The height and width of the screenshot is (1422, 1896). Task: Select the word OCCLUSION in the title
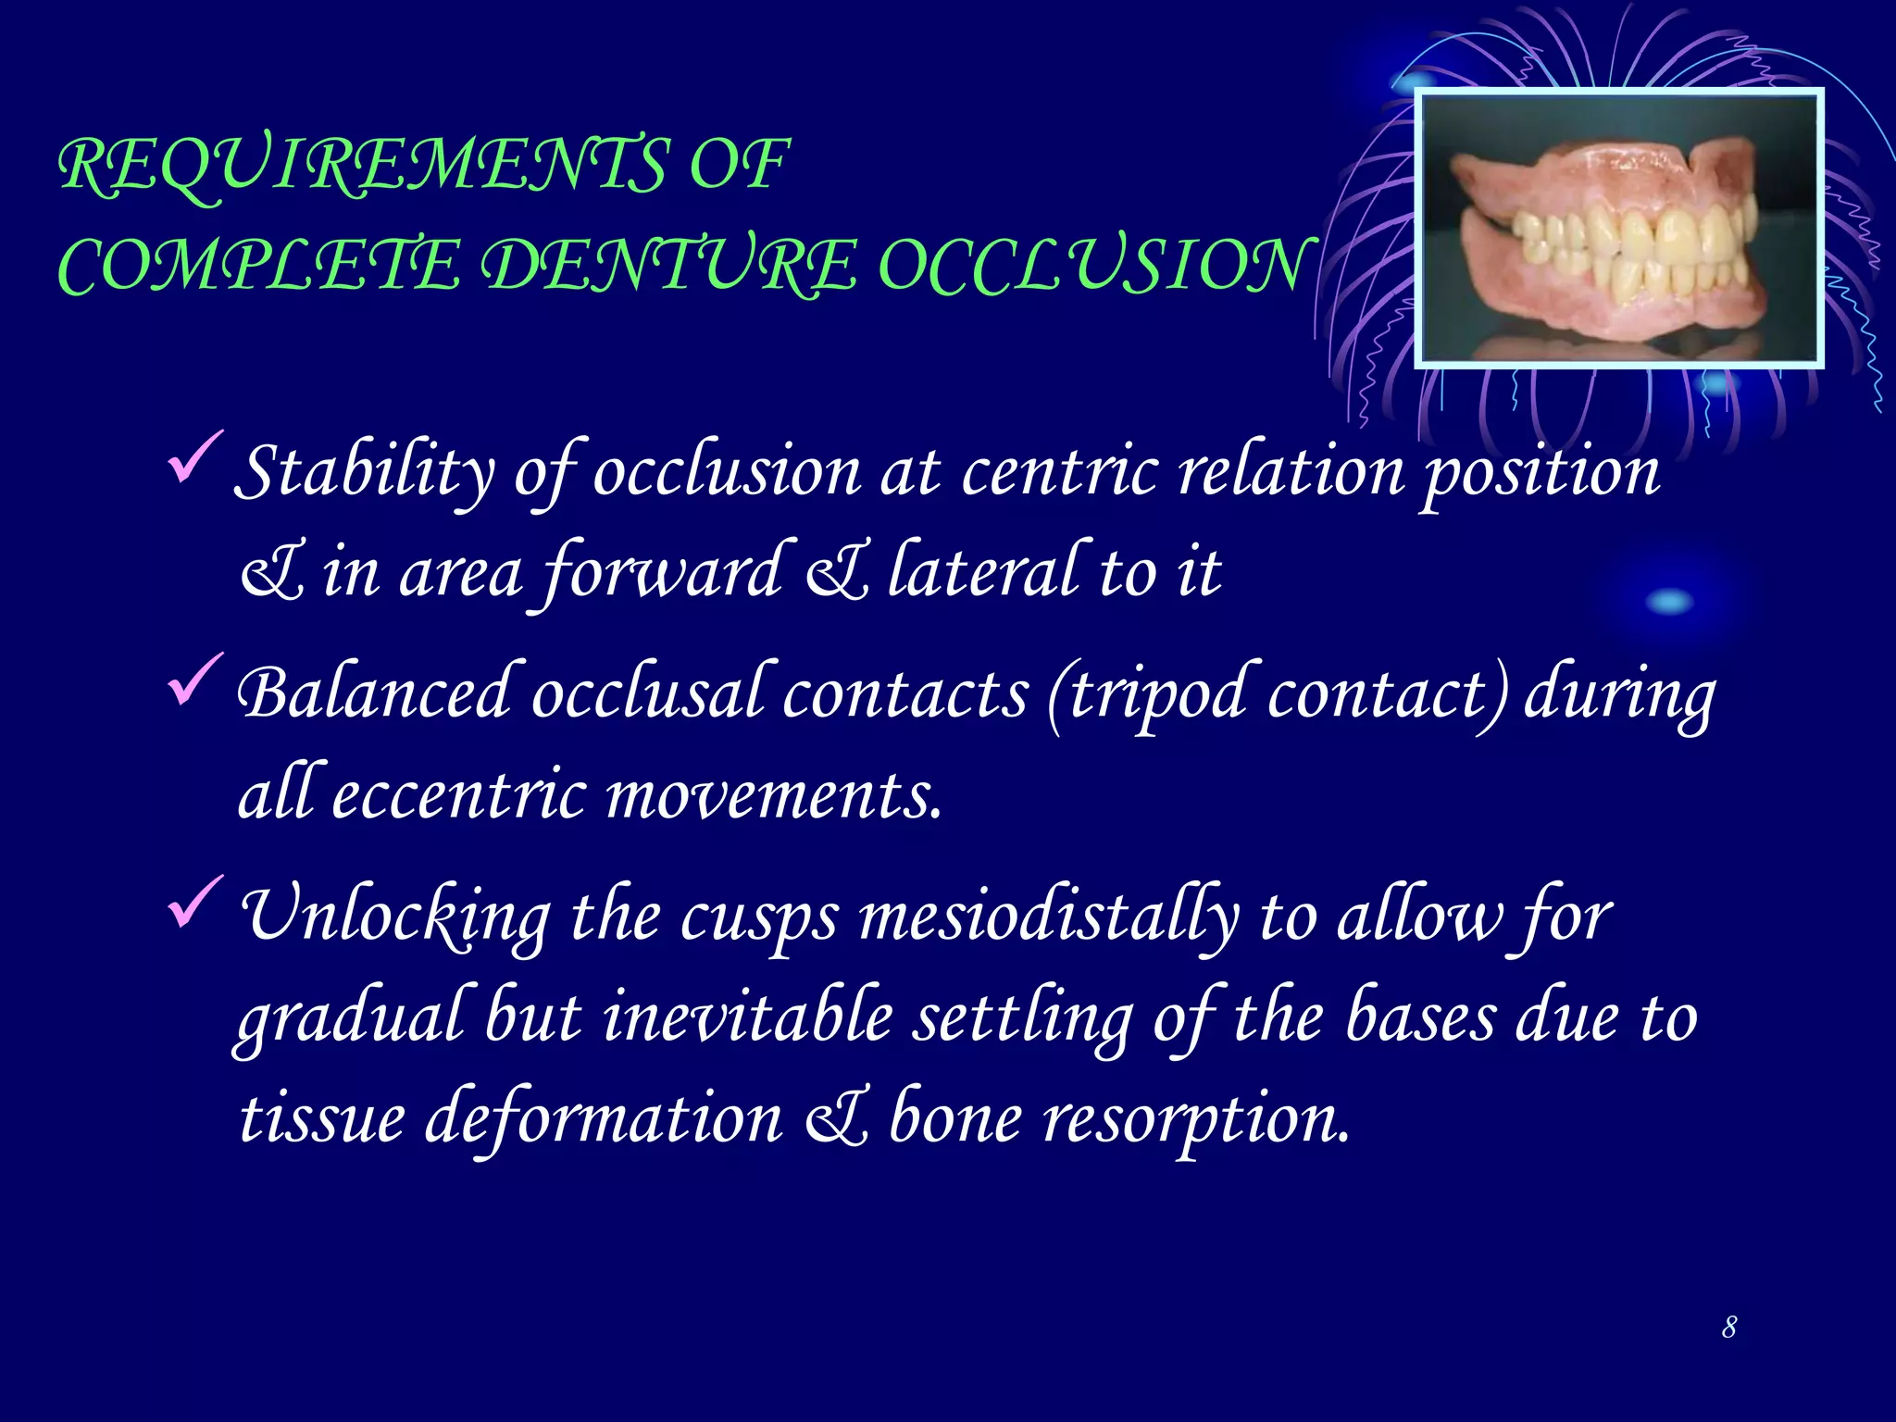1092,267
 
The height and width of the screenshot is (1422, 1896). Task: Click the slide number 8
1728,1328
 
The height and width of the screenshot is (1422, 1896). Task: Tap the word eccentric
459,796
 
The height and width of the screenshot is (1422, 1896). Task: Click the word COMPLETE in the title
259,267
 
